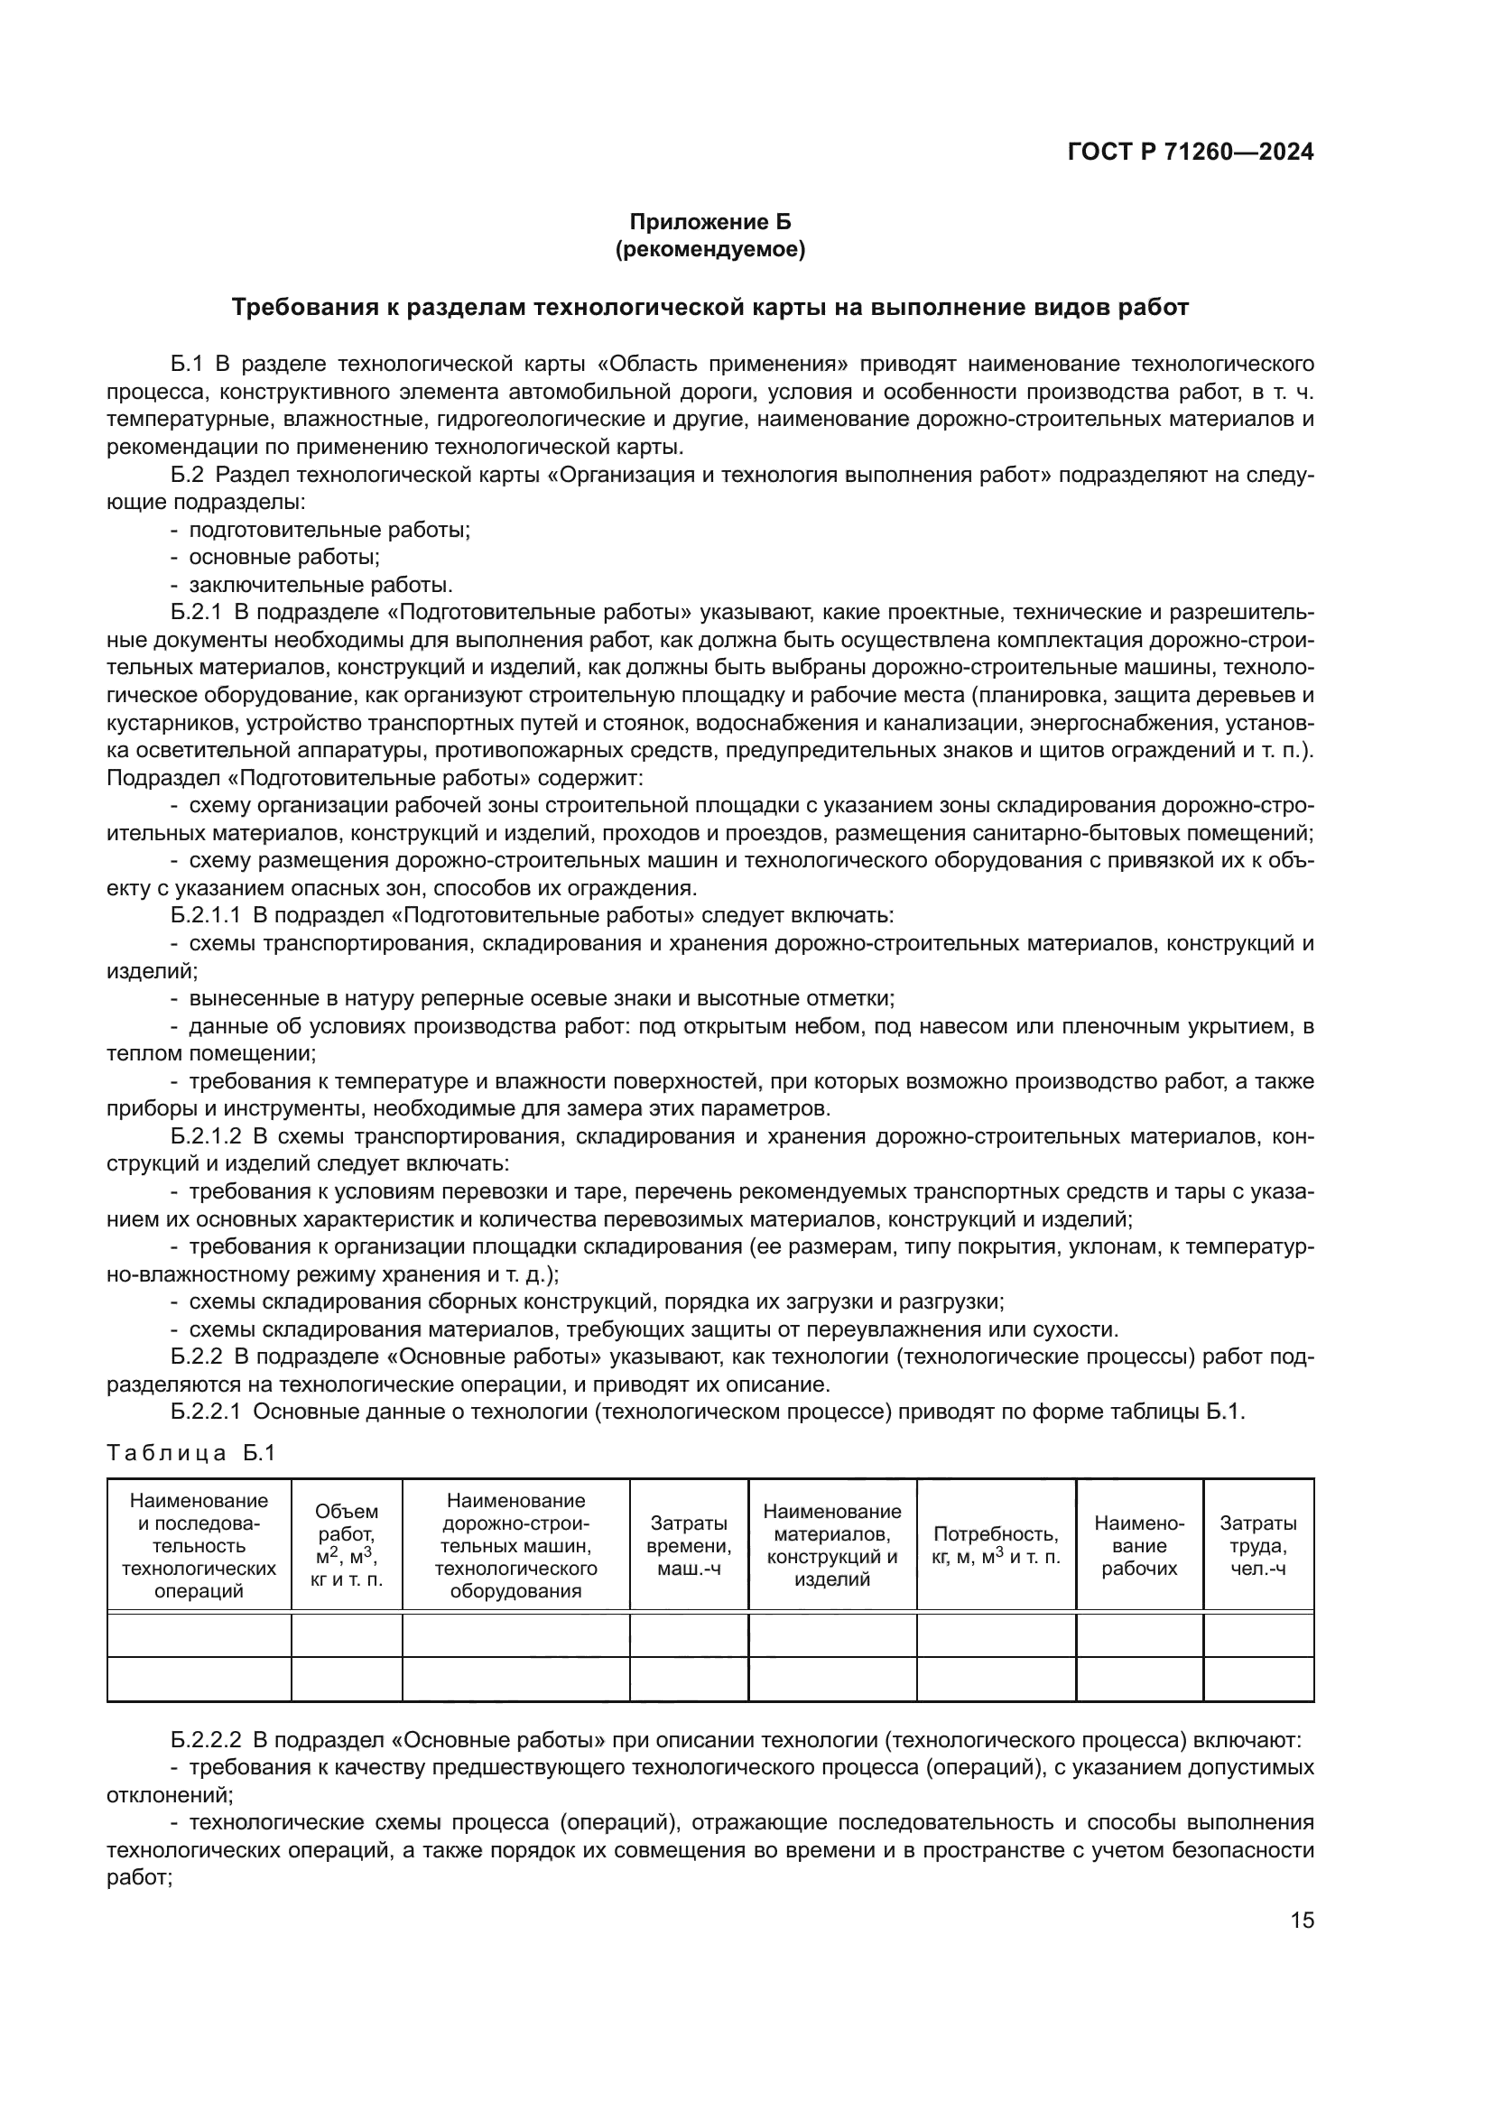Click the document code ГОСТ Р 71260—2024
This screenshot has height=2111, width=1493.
point(1190,153)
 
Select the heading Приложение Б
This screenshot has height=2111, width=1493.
point(709,222)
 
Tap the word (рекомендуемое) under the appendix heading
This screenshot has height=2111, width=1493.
point(709,249)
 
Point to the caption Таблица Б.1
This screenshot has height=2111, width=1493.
point(191,1454)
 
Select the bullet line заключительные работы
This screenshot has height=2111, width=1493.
point(320,585)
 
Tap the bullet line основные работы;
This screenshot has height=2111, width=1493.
point(284,557)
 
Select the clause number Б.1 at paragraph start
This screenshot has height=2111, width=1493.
point(187,364)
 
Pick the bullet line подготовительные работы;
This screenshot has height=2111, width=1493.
point(329,530)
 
